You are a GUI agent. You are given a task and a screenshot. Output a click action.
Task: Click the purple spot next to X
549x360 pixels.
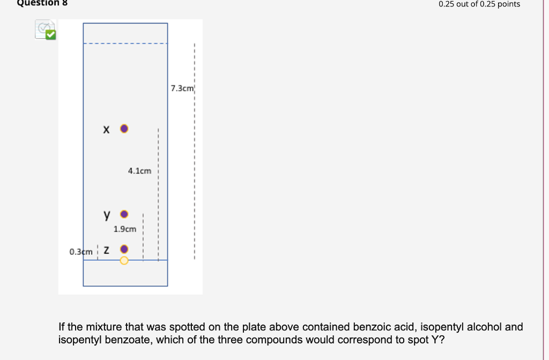click(124, 129)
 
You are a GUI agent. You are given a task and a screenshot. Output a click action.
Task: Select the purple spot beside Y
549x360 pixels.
click(124, 214)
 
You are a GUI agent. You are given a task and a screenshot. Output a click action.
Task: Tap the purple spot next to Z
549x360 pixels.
click(124, 249)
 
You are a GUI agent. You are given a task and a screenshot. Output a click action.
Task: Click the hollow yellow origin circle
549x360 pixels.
click(124, 260)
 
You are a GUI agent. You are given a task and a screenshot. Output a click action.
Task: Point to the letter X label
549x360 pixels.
click(106, 129)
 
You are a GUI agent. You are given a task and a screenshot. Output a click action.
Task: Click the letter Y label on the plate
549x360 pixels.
click(107, 215)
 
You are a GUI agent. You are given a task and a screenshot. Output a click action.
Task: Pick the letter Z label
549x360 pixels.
click(107, 250)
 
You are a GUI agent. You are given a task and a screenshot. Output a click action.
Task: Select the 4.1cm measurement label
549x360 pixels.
click(139, 171)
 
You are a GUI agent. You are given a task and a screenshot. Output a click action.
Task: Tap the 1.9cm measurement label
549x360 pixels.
click(125, 229)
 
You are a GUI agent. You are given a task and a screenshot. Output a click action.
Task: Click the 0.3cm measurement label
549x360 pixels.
click(81, 251)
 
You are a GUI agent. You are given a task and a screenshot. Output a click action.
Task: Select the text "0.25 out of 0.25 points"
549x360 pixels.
click(479, 4)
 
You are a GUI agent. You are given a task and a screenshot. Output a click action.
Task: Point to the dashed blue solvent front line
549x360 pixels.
click(125, 43)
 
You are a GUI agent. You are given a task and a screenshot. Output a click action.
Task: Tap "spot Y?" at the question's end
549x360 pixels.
click(428, 340)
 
